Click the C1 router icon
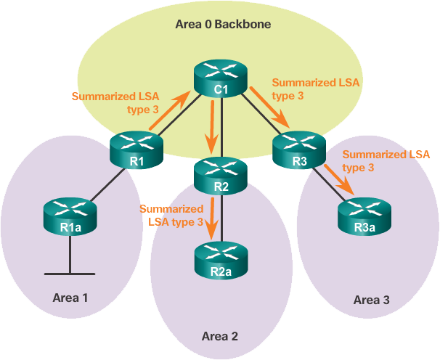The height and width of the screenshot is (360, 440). pos(221,79)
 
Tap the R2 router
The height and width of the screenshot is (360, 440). pos(221,175)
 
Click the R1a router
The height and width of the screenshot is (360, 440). pos(70,217)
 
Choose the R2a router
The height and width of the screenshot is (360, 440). pos(221,261)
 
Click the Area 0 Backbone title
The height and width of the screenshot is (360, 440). pos(223,25)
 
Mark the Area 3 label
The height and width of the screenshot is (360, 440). pos(371,300)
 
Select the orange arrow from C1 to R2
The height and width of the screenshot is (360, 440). pos(211,127)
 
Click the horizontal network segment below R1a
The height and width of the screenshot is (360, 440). pos(70,274)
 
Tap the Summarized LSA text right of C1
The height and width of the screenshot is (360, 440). pos(315,89)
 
